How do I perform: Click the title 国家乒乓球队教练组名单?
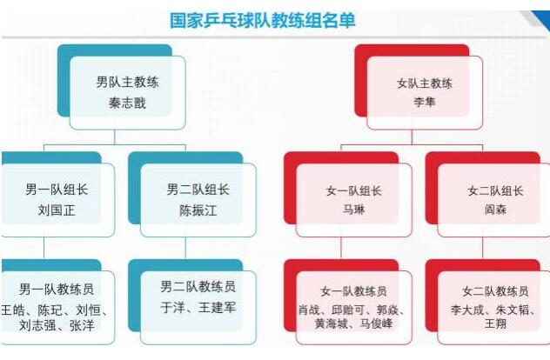coord(262,20)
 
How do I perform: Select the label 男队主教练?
coord(128,83)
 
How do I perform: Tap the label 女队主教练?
coord(426,83)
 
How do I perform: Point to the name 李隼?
coord(426,101)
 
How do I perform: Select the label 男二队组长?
coord(197,190)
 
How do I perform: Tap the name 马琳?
coord(351,209)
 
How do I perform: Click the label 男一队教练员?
coord(57,289)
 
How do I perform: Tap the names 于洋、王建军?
coord(198,307)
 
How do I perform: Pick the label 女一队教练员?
coord(353,291)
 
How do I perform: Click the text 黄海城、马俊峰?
coord(353,324)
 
